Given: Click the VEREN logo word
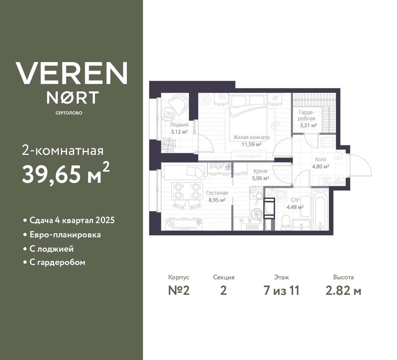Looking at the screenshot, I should (72, 73).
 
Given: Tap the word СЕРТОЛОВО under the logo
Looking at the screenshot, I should (69, 113).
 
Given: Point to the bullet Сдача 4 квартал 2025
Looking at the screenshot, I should (72, 220).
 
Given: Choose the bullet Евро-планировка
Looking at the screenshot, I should (65, 235).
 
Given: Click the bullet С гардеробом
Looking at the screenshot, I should (57, 263).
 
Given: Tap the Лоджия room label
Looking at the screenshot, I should (179, 125).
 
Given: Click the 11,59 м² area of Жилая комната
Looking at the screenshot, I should (251, 144).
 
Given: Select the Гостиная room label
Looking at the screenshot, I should (217, 193).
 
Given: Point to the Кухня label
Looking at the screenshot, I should (260, 171).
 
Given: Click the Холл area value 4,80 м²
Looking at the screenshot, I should (320, 166).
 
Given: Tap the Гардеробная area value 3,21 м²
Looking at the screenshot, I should (308, 125).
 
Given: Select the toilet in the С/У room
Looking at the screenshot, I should (285, 223).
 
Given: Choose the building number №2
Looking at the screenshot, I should (179, 290).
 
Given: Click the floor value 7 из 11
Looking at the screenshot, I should (281, 290).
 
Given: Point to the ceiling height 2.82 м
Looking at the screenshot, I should (343, 290).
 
